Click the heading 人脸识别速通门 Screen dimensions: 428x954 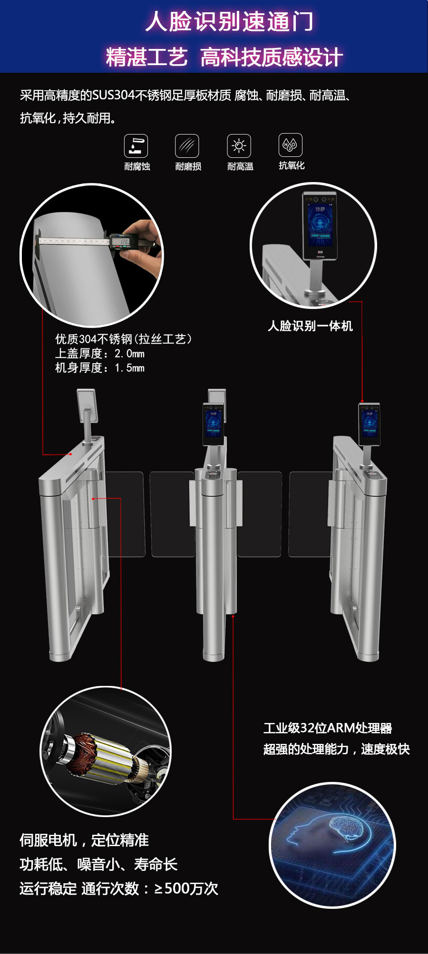[229, 22]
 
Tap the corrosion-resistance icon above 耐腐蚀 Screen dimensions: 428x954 [136, 146]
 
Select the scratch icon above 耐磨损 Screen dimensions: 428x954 [187, 146]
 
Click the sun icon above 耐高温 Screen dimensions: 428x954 [239, 146]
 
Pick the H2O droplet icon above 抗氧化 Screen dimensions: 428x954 [290, 145]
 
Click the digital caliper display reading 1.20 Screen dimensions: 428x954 [124, 242]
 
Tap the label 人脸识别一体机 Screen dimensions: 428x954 [310, 326]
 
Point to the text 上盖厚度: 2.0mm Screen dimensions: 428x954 [100, 354]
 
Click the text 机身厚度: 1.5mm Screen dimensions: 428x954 [100, 368]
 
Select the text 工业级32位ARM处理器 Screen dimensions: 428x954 [328, 728]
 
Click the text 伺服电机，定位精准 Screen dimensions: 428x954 [84, 840]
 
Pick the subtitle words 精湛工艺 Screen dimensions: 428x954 [146, 58]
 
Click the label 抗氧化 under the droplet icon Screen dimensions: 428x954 [292, 165]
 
